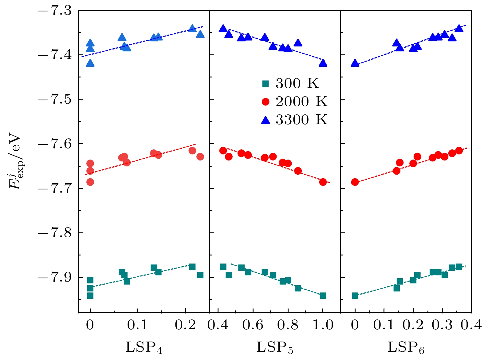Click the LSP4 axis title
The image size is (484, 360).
[144, 347]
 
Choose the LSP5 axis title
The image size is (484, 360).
[275, 347]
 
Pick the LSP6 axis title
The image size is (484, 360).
[406, 347]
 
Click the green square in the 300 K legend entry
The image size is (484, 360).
[266, 83]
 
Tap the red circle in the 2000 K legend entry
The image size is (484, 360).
[266, 102]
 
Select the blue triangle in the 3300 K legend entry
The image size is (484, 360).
[266, 120]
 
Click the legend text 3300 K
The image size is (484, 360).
[301, 120]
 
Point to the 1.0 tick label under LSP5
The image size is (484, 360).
[323, 325]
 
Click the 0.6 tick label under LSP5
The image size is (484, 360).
[253, 325]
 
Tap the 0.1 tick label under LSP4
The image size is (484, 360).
[138, 325]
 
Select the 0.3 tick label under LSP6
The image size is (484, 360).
[442, 325]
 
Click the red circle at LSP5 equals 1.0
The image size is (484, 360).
[323, 182]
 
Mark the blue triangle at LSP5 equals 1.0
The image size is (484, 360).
[323, 63]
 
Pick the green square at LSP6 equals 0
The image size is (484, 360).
[355, 296]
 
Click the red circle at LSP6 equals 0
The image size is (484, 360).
[355, 182]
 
